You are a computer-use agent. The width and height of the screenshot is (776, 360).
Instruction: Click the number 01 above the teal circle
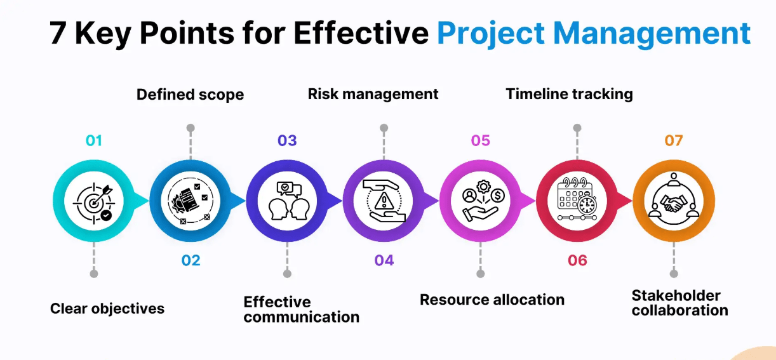[x=93, y=140]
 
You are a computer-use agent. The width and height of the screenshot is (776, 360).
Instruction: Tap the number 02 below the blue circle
[x=191, y=260]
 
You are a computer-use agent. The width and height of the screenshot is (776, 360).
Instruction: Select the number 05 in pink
[x=480, y=140]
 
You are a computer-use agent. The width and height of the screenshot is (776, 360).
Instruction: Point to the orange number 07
[x=673, y=140]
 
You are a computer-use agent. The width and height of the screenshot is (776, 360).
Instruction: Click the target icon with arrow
[x=93, y=201]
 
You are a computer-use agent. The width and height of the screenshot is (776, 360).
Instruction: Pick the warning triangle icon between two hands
[x=384, y=201]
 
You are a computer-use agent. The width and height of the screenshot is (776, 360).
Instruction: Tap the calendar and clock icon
[x=577, y=201]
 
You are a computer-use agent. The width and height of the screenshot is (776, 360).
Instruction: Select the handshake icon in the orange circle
[x=673, y=201]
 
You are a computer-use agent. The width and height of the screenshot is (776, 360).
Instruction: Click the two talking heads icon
[x=287, y=201]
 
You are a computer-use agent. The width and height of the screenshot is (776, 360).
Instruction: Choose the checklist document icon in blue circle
[x=191, y=201]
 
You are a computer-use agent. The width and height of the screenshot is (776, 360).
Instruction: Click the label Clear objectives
[x=107, y=309]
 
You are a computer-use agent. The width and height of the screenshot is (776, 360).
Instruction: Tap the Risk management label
[x=373, y=95]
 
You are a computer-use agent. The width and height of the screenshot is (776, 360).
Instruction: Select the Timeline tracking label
[x=569, y=95]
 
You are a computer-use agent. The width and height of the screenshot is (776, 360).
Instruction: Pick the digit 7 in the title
[x=58, y=34]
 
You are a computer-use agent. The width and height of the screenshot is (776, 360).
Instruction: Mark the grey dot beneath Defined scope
[x=191, y=128]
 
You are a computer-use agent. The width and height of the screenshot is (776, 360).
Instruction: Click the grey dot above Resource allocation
[x=480, y=274]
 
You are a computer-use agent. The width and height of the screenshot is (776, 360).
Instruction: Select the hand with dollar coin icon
[x=480, y=201]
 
